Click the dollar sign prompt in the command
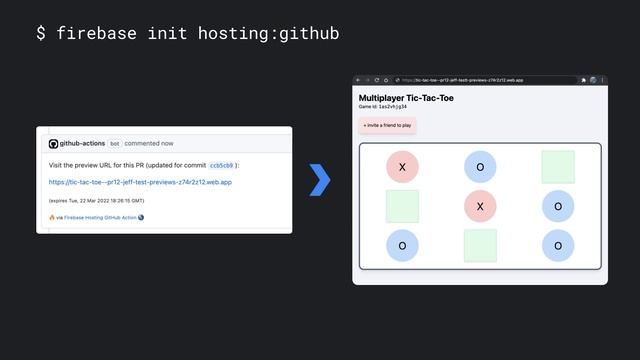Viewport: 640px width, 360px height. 41,34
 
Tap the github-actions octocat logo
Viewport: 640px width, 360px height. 53,144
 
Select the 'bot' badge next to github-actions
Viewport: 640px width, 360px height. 114,144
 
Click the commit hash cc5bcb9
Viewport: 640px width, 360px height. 221,165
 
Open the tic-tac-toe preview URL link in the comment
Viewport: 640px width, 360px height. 140,182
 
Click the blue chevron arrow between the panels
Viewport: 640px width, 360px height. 320,180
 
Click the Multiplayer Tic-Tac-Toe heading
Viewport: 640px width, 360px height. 405,98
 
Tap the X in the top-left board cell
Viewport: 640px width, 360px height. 402,167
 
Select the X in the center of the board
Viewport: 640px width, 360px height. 480,206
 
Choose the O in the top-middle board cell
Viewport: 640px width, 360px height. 480,167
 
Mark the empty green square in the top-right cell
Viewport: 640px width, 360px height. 558,167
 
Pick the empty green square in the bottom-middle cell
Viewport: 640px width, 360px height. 480,245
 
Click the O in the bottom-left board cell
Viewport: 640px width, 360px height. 402,245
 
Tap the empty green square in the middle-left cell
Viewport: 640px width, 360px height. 402,206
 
